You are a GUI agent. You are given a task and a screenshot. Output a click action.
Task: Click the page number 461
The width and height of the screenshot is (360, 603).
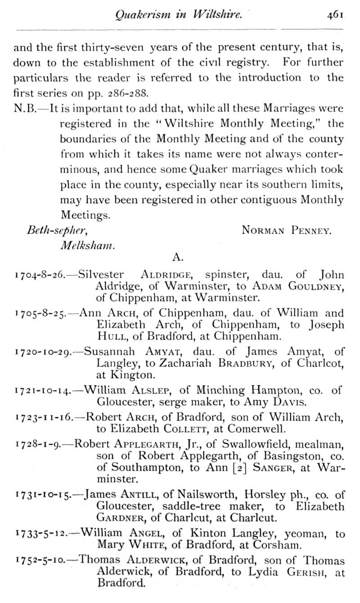(x=336, y=15)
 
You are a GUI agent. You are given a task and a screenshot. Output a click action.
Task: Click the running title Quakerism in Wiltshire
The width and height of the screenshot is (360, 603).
(x=179, y=15)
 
